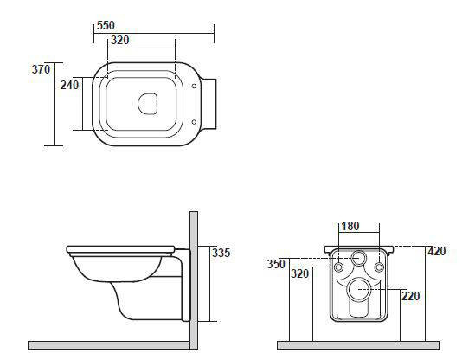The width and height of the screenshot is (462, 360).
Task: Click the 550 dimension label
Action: [x=106, y=25]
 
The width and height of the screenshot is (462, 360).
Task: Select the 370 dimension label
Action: [x=41, y=69]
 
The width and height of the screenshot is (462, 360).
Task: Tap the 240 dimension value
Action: [x=69, y=85]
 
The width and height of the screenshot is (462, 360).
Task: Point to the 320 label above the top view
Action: [x=120, y=40]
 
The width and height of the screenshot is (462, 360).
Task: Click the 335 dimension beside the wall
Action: [x=221, y=253]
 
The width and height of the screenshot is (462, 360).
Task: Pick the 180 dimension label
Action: [x=350, y=226]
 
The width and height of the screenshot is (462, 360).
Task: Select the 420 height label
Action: [x=437, y=251]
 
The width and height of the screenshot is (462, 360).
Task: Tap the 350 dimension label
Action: [x=276, y=264]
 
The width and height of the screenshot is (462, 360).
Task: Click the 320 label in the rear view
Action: [x=300, y=273]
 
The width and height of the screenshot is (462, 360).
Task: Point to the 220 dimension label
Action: [x=411, y=296]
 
